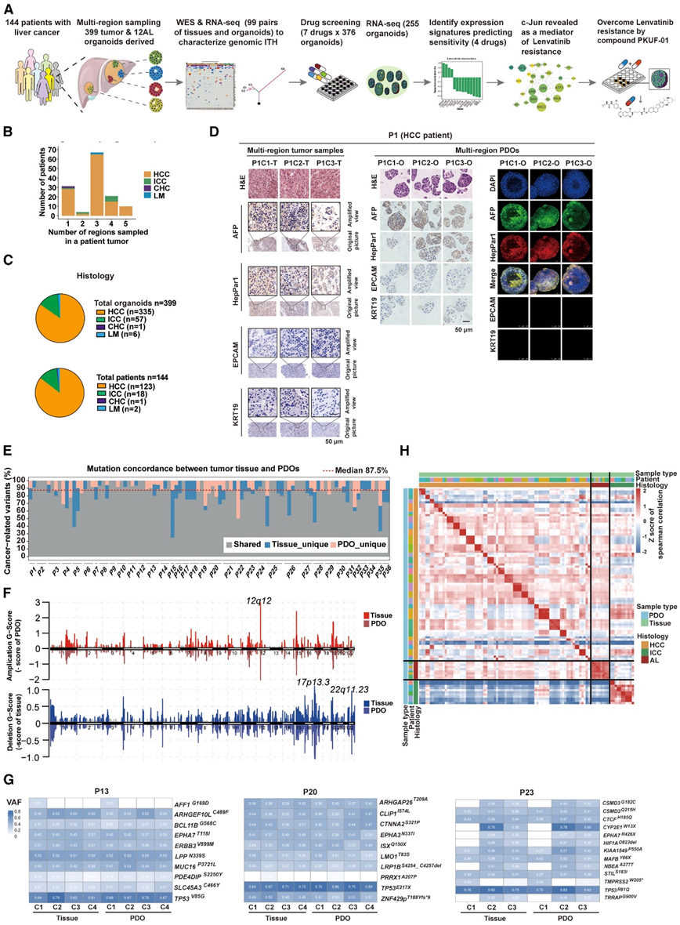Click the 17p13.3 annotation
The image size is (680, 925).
310,638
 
